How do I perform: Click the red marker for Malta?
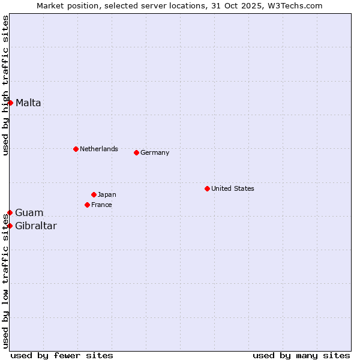click(x=10, y=103)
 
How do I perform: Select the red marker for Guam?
click(x=10, y=212)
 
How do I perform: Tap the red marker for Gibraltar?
click(x=10, y=226)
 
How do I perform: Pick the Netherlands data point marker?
click(x=76, y=149)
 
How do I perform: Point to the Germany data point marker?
click(x=136, y=152)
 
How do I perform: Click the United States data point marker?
click(x=207, y=188)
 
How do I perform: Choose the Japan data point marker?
click(x=94, y=194)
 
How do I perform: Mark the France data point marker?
click(x=87, y=205)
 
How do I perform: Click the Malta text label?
click(x=28, y=103)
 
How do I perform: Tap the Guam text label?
click(x=29, y=212)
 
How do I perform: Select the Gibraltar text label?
click(x=36, y=226)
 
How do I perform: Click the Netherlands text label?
click(x=99, y=149)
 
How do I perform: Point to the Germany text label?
click(x=155, y=152)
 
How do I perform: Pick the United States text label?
click(x=233, y=188)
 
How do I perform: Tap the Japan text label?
click(x=107, y=194)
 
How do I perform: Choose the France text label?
click(x=101, y=205)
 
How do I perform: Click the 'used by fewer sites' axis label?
click(x=62, y=355)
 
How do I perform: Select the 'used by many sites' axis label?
click(x=301, y=355)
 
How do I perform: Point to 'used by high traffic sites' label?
click(x=5, y=85)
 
